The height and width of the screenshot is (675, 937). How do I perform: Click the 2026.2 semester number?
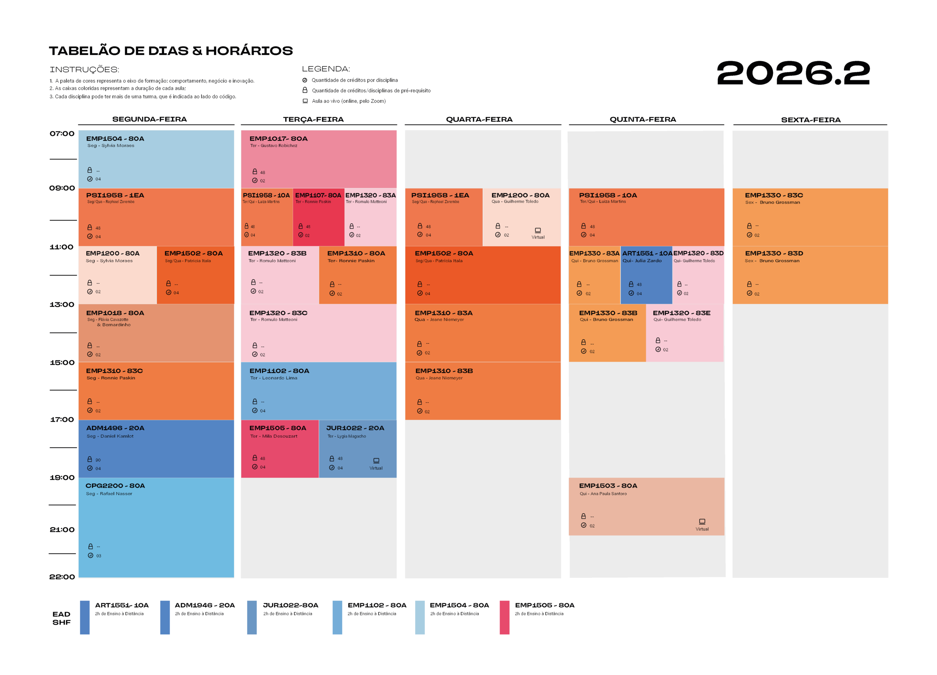(x=793, y=73)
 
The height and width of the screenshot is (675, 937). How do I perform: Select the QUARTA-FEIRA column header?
(x=479, y=119)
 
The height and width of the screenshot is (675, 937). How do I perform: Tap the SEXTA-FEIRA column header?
(x=811, y=120)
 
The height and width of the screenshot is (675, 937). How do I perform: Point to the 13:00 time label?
(x=62, y=305)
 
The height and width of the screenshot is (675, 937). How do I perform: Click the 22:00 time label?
(x=62, y=577)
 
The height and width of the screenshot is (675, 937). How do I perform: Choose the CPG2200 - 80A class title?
(x=115, y=486)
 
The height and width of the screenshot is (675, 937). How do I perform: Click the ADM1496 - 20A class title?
(x=115, y=428)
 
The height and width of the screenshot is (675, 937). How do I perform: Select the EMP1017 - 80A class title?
(x=279, y=139)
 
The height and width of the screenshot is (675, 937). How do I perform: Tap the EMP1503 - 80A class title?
(x=608, y=486)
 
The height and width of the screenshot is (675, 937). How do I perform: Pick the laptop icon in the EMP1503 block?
(x=702, y=521)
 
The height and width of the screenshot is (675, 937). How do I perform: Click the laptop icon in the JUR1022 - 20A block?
(x=376, y=460)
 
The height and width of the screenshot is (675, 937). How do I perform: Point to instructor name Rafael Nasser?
(x=116, y=494)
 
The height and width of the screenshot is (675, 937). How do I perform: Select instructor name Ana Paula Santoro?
(x=609, y=494)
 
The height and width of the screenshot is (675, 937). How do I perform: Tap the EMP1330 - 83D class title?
(x=774, y=253)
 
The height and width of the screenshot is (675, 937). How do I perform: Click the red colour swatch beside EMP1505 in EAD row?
(x=504, y=617)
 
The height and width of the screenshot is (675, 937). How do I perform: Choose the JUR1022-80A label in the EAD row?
(x=291, y=605)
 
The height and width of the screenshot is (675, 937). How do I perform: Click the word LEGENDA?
(x=326, y=69)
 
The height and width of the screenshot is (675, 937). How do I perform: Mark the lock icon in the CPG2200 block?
(x=90, y=546)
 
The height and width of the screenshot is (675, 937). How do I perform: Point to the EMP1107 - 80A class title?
(x=318, y=195)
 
